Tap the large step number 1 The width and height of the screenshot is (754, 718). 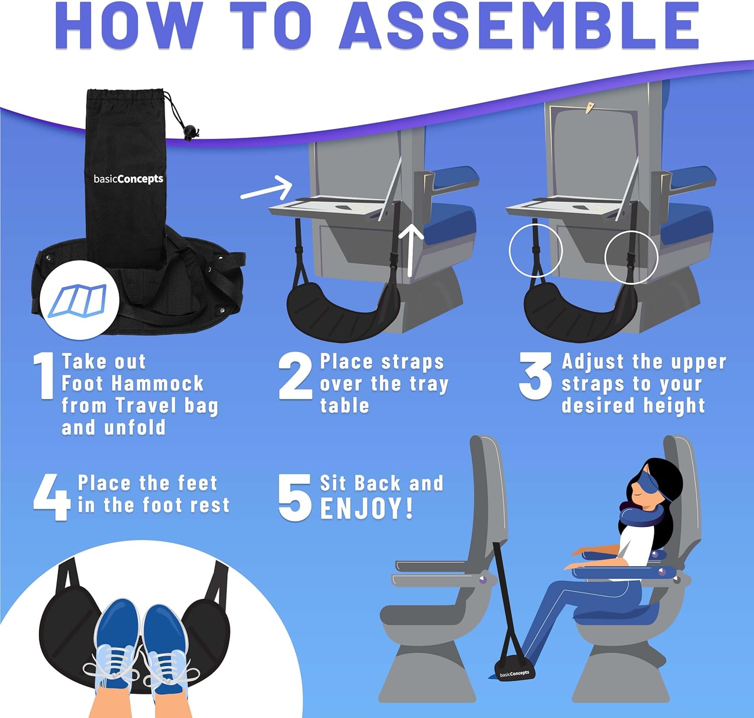[45, 376]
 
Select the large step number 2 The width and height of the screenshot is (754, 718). [296, 376]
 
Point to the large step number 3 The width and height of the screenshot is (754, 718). [536, 376]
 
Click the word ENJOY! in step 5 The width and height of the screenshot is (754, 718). [366, 508]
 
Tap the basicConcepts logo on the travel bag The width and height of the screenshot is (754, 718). [128, 179]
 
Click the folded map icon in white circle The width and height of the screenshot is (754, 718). [79, 301]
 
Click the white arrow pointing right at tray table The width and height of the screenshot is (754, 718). [267, 188]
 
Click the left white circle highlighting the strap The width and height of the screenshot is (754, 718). [535, 250]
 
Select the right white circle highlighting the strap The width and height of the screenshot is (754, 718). [631, 257]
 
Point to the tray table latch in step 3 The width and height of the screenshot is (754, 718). [589, 108]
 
